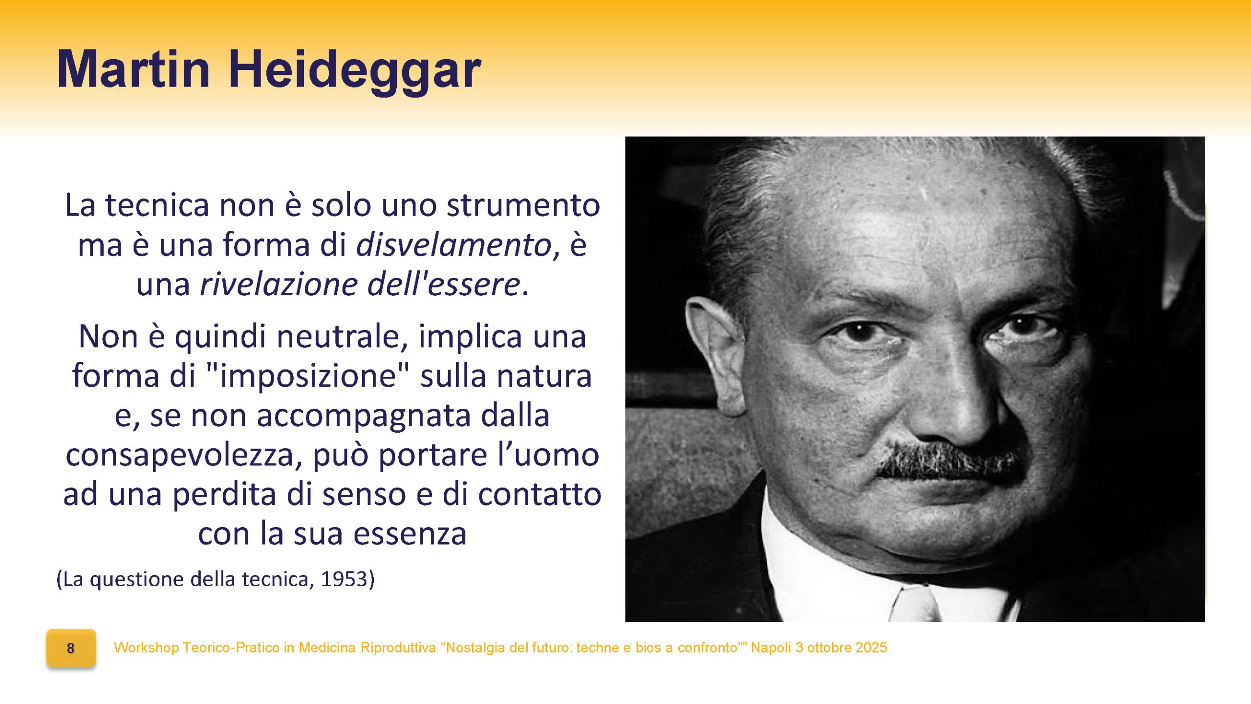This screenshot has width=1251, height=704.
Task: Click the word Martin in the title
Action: click(133, 69)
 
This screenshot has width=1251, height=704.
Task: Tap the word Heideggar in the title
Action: click(355, 72)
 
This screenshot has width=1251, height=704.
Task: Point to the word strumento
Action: click(523, 205)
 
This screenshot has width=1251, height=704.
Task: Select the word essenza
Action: click(410, 534)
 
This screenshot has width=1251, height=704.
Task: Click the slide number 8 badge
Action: click(71, 648)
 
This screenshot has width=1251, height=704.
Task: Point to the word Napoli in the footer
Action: click(771, 648)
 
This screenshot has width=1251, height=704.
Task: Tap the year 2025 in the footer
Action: click(871, 648)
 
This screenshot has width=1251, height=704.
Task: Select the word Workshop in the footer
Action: click(147, 648)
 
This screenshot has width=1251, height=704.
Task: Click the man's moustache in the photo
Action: click(950, 460)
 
